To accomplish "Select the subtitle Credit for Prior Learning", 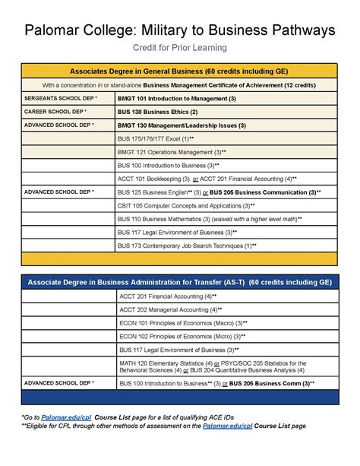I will [x=180, y=48].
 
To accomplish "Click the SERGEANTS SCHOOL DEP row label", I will [x=61, y=99].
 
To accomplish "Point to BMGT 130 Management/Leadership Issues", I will [x=182, y=125].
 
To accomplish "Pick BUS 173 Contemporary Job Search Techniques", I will [x=187, y=246].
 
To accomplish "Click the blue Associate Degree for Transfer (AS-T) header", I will [x=180, y=281].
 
